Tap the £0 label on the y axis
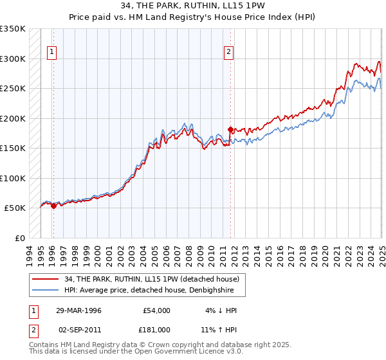[x=20, y=238]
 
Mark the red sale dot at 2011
[x=230, y=130]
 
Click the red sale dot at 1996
[x=53, y=206]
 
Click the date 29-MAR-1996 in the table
[x=79, y=310]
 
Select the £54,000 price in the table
[x=156, y=310]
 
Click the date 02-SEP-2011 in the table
[x=79, y=330]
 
